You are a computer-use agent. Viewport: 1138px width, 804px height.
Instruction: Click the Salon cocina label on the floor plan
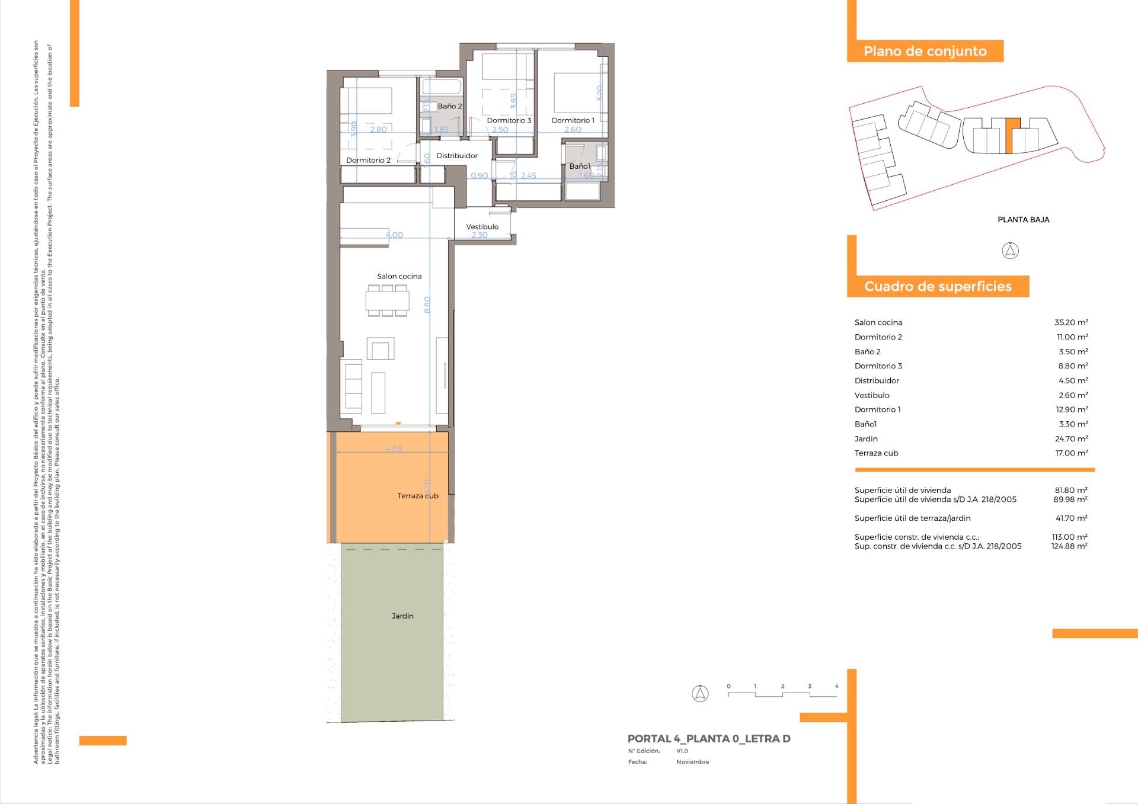[399, 276]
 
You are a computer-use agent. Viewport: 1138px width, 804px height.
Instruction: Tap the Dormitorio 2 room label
[368, 160]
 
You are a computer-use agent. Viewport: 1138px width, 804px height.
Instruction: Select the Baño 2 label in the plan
[449, 106]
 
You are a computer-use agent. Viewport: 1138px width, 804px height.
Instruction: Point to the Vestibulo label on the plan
[482, 226]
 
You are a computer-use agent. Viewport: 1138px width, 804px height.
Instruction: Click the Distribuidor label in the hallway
[456, 156]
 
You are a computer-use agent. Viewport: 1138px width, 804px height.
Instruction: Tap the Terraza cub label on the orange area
[417, 496]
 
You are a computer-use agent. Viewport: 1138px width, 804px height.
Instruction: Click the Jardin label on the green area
[402, 616]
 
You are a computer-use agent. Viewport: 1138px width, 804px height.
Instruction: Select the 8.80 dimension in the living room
[427, 305]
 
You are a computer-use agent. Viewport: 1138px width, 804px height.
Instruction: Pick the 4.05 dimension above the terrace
[394, 449]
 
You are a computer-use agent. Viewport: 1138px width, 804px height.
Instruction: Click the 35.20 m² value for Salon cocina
[1070, 322]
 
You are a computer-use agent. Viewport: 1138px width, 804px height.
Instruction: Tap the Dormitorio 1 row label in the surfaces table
[877, 409]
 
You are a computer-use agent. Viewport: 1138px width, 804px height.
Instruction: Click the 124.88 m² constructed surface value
[1069, 546]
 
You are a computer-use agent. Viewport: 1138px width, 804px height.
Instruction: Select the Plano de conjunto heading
[925, 51]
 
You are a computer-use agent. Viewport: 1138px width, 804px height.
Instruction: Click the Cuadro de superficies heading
[938, 286]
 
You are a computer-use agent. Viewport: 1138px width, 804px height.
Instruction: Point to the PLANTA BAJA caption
[1023, 219]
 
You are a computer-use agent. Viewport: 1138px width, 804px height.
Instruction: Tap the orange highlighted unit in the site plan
[1012, 135]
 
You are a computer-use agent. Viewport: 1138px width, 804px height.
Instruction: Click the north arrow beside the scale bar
[700, 693]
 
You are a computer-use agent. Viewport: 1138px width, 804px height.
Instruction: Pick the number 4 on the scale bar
[836, 686]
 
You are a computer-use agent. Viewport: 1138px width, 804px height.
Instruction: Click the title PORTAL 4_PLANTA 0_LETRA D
[708, 739]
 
